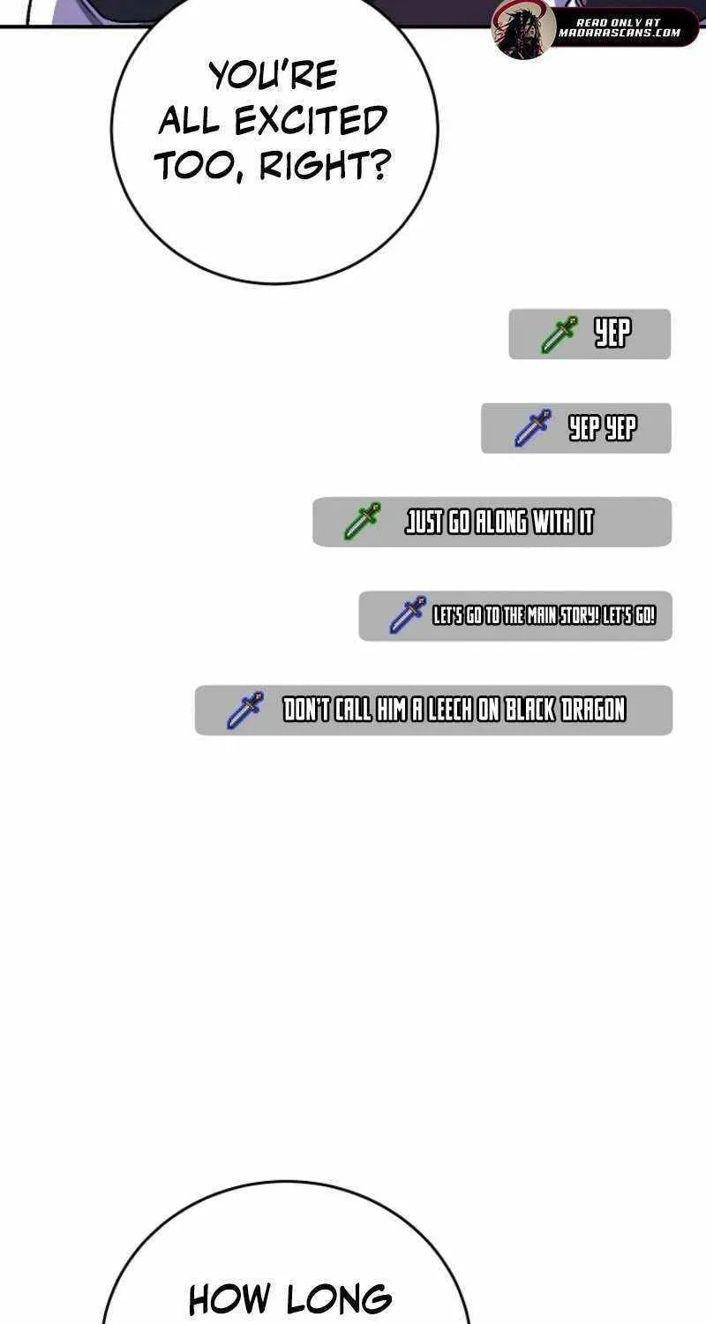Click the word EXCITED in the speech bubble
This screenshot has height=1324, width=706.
click(310, 121)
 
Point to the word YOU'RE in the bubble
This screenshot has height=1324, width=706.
click(273, 75)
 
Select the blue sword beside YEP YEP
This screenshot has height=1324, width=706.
click(532, 428)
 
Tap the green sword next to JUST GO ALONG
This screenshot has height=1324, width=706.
click(362, 522)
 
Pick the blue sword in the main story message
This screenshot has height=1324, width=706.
click(408, 615)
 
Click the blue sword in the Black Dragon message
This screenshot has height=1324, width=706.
click(245, 710)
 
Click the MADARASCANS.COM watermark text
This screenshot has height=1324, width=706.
click(620, 34)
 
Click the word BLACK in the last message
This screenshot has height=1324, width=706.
click(530, 710)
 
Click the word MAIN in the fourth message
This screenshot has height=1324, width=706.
click(539, 616)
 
